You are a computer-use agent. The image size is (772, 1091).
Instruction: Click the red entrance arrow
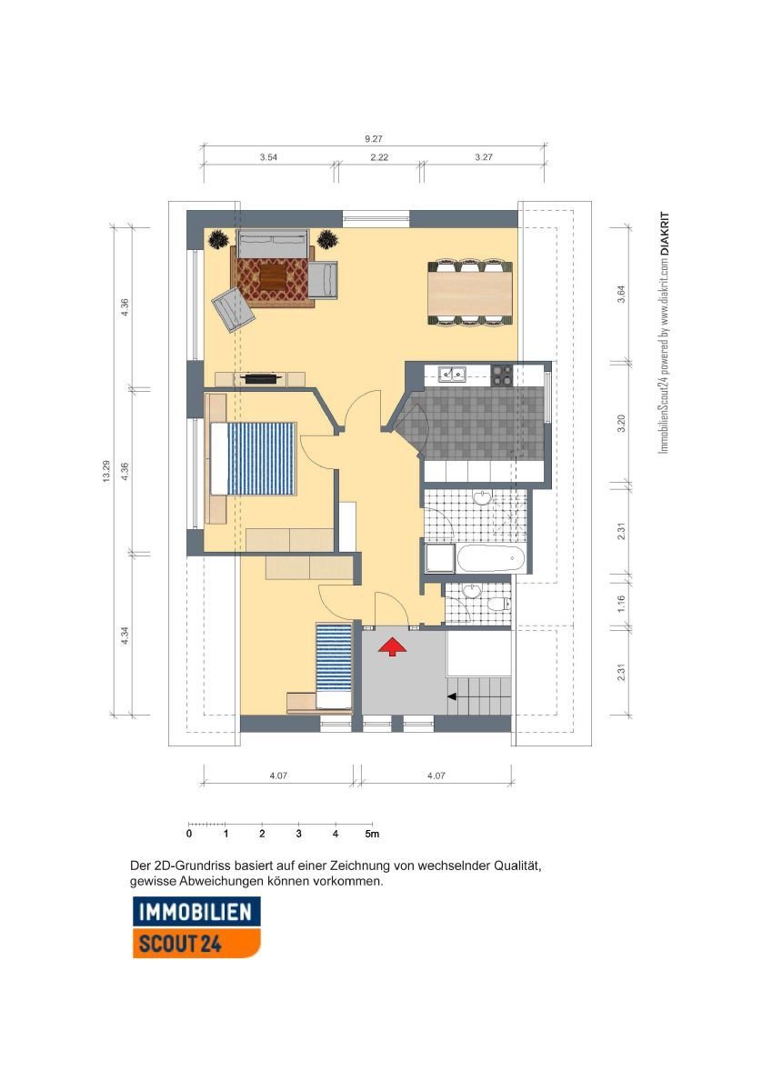pyautogui.click(x=392, y=648)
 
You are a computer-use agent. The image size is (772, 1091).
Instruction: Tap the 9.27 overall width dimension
pyautogui.click(x=374, y=139)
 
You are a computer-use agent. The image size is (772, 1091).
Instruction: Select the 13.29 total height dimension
pyautogui.click(x=106, y=472)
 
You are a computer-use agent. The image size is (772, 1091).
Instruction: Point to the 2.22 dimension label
pyautogui.click(x=379, y=156)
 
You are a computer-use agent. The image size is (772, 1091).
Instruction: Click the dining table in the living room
pyautogui.click(x=470, y=293)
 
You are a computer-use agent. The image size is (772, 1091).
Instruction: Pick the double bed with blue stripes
pyautogui.click(x=254, y=459)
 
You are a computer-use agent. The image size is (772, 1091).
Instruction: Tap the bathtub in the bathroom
pyautogui.click(x=490, y=558)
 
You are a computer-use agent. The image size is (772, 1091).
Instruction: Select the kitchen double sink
pyautogui.click(x=453, y=374)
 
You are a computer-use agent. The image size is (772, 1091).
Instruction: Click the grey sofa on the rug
pyautogui.click(x=273, y=243)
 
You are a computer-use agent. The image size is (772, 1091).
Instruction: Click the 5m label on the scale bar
pyautogui.click(x=372, y=834)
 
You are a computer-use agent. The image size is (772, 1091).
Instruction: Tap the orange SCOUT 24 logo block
pyautogui.click(x=196, y=944)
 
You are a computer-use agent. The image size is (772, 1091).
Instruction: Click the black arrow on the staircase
pyautogui.click(x=452, y=697)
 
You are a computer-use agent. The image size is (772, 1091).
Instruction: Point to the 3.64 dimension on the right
pyautogui.click(x=621, y=293)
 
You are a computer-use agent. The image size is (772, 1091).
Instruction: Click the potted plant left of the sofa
pyautogui.click(x=217, y=240)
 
